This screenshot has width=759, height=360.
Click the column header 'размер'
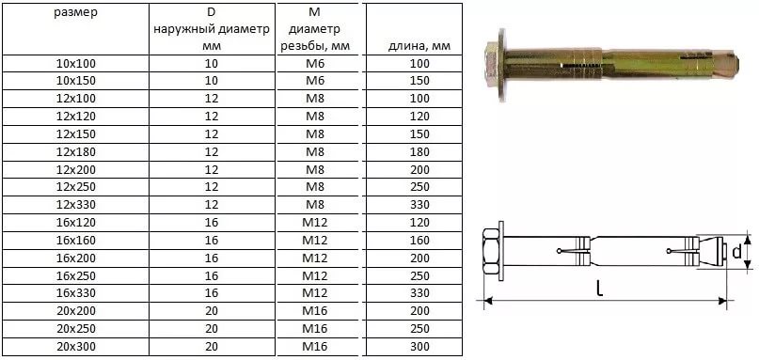[76, 12]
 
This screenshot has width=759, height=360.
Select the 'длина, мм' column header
[419, 46]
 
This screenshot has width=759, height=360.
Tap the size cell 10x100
[76, 63]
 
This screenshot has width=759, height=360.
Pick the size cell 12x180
[76, 152]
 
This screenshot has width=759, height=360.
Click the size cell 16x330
[76, 293]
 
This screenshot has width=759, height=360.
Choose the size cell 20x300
[76, 347]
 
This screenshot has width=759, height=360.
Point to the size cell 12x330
[76, 205]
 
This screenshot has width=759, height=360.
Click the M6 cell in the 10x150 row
[315, 81]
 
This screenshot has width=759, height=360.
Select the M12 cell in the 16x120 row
[315, 223]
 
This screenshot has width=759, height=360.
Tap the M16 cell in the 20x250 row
[315, 329]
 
